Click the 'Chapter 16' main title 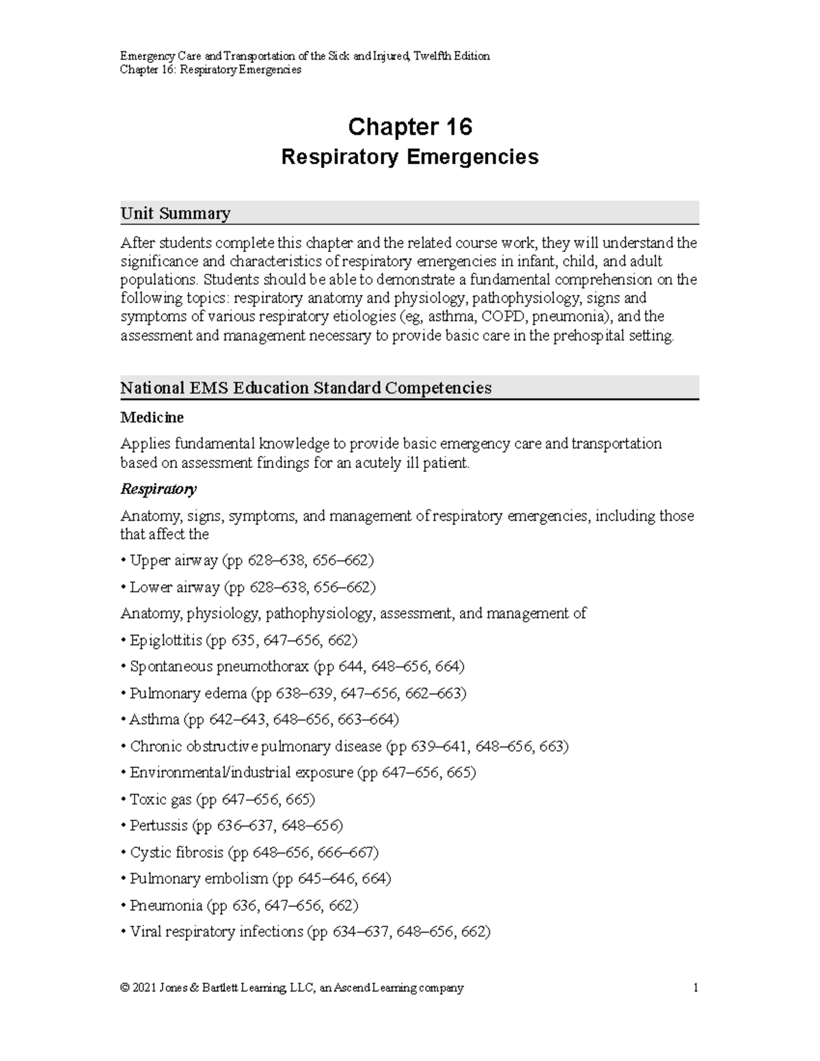(410, 127)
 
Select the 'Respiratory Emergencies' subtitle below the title (410, 157)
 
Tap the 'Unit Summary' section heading (175, 213)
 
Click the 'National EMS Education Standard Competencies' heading (305, 388)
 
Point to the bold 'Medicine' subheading (152, 417)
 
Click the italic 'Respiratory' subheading (159, 489)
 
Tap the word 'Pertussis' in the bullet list (159, 825)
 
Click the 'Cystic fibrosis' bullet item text (176, 852)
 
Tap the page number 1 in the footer (695, 988)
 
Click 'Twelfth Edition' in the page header (452, 56)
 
